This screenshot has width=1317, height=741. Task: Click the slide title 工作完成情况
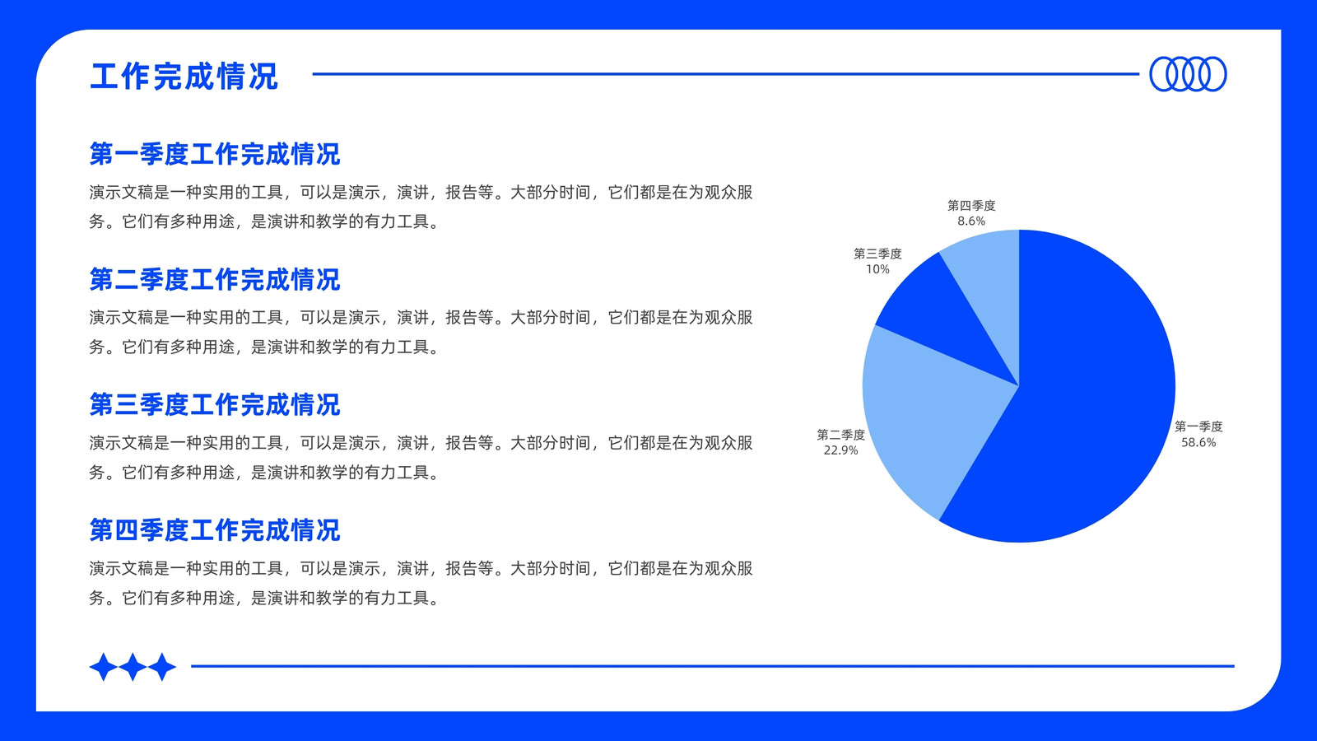tap(184, 76)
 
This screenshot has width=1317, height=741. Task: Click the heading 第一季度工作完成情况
tap(215, 154)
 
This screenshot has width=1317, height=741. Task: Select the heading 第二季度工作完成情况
tap(215, 279)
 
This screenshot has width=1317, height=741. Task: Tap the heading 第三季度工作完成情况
tap(215, 404)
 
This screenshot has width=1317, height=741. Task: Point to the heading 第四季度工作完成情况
tap(215, 530)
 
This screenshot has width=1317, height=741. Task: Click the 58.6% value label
tap(1198, 442)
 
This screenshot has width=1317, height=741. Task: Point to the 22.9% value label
tap(840, 450)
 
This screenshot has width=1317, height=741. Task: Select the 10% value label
tap(877, 269)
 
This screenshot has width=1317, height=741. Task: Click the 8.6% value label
tap(971, 221)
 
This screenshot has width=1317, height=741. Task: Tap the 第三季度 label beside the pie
tap(877, 254)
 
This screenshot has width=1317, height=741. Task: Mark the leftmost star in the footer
tap(104, 667)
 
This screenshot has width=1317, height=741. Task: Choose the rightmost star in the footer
tap(162, 667)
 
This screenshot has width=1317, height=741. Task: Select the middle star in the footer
tap(133, 667)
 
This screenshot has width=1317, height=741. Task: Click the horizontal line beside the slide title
tap(725, 74)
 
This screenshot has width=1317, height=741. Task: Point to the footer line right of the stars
tap(713, 666)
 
